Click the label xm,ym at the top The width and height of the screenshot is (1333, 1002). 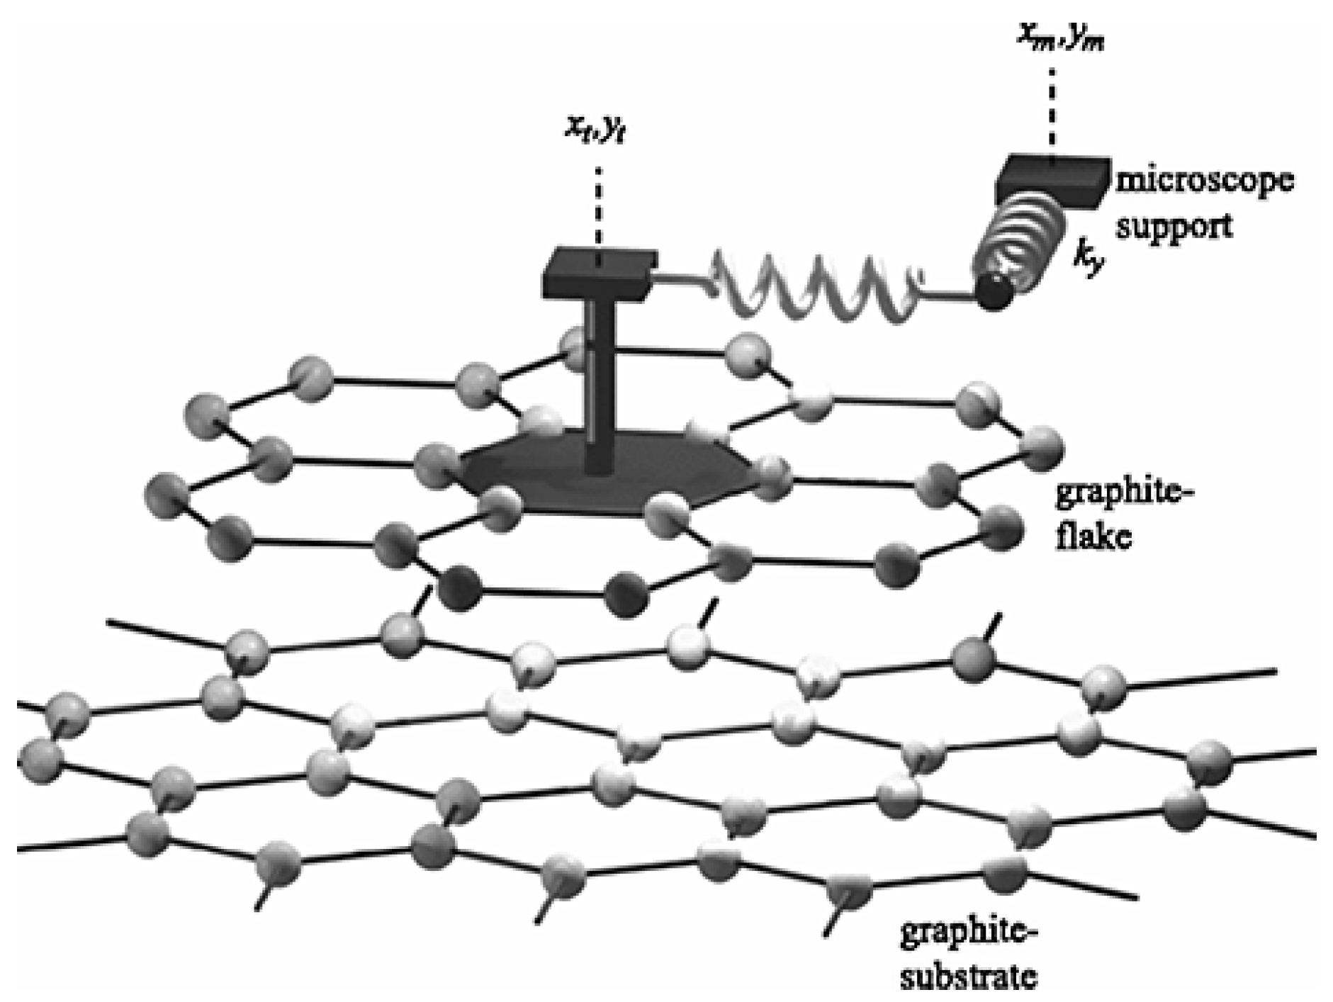point(1060,35)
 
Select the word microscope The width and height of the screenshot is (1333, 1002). point(1204,180)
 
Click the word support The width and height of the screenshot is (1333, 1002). point(1174,225)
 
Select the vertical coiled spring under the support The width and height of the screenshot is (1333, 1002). point(1020,241)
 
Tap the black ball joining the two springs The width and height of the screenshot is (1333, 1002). point(994,292)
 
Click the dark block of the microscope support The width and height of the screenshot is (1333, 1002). point(1053,181)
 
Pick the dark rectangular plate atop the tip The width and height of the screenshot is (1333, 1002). point(600,272)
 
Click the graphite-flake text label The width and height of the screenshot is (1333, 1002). point(1120,514)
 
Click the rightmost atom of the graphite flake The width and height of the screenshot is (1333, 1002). point(1041,449)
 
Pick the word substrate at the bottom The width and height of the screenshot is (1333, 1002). point(968,978)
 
